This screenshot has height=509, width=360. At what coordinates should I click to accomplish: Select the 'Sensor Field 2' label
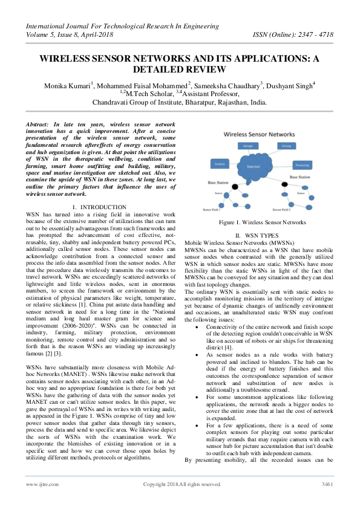(282, 210)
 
